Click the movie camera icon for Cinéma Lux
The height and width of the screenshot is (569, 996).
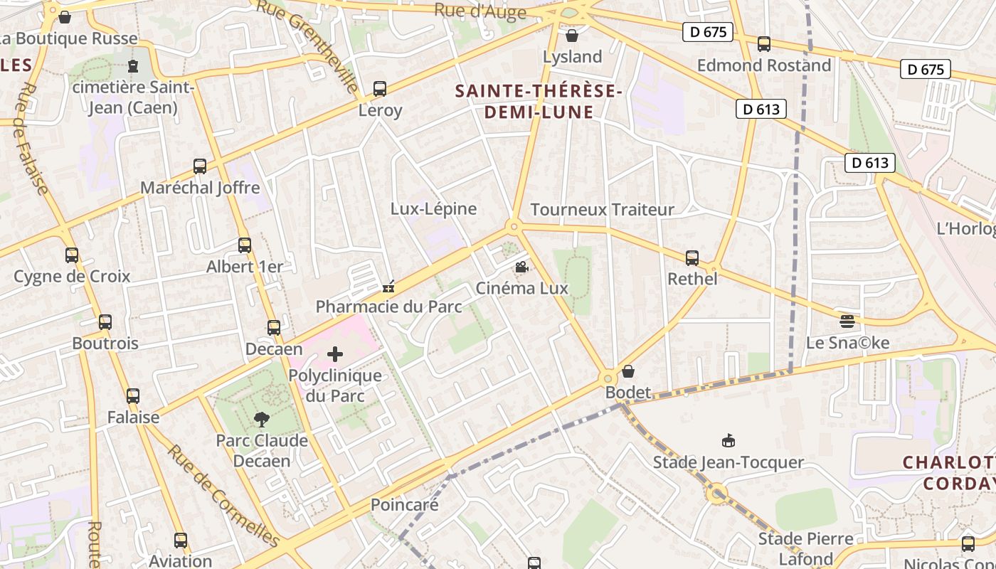[521, 267]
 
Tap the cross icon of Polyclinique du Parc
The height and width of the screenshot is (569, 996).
[334, 353]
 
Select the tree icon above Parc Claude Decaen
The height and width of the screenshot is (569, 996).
[262, 419]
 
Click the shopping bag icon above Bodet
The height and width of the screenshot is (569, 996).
[627, 371]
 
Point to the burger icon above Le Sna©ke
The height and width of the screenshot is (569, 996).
[847, 321]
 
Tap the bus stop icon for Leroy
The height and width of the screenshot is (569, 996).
[380, 89]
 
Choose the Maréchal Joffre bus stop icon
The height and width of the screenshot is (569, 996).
[200, 166]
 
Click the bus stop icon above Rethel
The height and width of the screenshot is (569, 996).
[692, 257]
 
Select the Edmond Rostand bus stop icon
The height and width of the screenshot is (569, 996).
[764, 44]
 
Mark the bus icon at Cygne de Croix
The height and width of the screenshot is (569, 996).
[72, 255]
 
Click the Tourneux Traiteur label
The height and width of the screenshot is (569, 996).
[602, 210]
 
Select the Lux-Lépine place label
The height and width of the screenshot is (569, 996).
[433, 209]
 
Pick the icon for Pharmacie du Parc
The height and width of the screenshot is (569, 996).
[388, 287]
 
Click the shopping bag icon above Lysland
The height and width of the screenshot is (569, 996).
[571, 36]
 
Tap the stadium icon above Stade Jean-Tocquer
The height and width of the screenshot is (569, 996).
[728, 441]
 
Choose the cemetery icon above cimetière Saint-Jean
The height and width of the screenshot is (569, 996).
[133, 66]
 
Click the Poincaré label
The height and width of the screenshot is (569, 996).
[404, 504]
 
